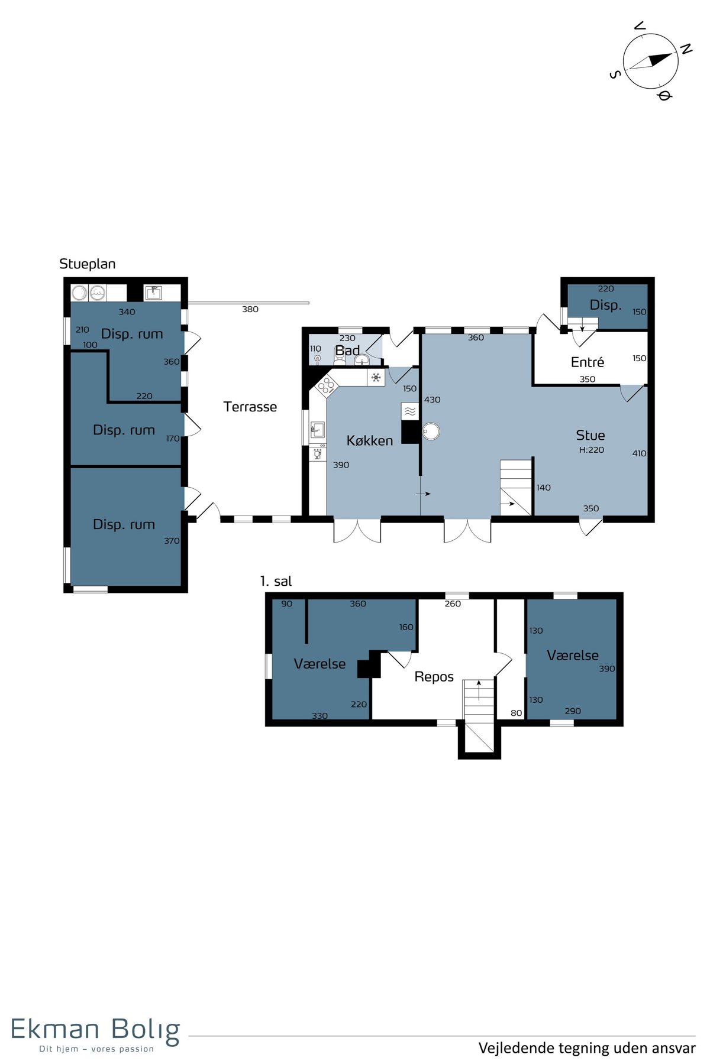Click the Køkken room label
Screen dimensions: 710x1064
click(x=370, y=440)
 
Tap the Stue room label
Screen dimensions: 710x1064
click(x=590, y=436)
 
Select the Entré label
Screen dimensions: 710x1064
click(x=588, y=362)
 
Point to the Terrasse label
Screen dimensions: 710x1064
click(x=250, y=407)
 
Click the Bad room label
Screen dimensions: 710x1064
click(x=347, y=351)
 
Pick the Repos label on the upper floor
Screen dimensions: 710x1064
click(x=434, y=677)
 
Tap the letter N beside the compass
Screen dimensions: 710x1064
click(x=686, y=49)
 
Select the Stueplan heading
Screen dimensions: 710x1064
click(x=88, y=264)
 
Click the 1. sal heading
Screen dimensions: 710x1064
click(x=276, y=581)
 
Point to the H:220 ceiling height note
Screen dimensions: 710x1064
click(x=592, y=450)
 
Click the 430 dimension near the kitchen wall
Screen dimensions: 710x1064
click(x=433, y=400)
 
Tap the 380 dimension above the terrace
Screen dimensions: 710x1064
click(x=250, y=309)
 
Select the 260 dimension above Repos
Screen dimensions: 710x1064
click(x=453, y=604)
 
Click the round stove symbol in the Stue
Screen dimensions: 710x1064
click(x=431, y=432)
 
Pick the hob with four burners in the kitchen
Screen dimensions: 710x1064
click(x=325, y=387)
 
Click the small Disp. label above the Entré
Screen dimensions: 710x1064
click(x=606, y=305)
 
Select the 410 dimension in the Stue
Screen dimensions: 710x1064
click(x=639, y=453)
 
